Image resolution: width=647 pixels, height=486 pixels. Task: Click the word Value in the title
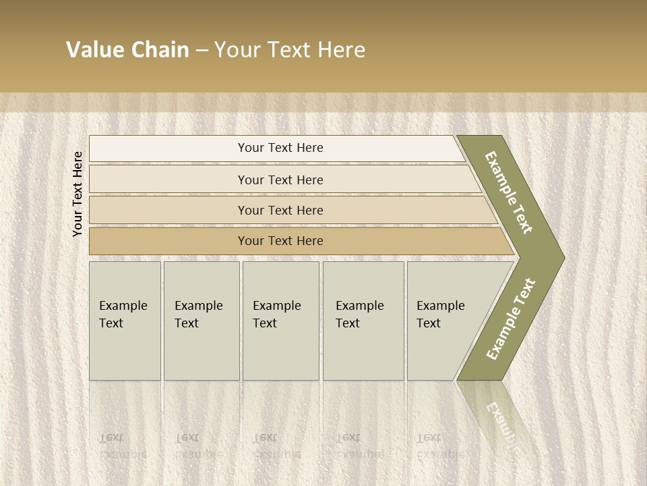[94, 50]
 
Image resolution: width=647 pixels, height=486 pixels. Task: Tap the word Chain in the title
[160, 50]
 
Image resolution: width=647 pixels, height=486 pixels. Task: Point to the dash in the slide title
[202, 51]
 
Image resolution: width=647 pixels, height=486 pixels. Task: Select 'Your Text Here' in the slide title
[290, 50]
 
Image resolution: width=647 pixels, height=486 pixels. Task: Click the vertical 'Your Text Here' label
[78, 194]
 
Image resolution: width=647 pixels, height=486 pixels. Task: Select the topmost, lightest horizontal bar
[280, 148]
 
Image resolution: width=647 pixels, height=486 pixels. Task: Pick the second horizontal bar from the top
[280, 180]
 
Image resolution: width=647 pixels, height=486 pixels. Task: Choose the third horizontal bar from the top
[280, 211]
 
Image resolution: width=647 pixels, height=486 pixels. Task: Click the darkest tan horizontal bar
[280, 241]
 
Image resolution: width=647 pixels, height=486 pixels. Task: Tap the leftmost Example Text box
[125, 320]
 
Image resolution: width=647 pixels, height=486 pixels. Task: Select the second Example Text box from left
[201, 320]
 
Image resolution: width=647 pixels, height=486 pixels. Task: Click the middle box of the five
[280, 320]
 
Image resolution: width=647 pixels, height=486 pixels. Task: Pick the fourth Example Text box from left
[363, 320]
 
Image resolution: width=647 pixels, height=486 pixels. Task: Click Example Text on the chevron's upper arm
[509, 192]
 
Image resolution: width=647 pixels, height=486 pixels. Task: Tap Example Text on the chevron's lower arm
[511, 319]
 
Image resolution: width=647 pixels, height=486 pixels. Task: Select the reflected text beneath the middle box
[276, 446]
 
